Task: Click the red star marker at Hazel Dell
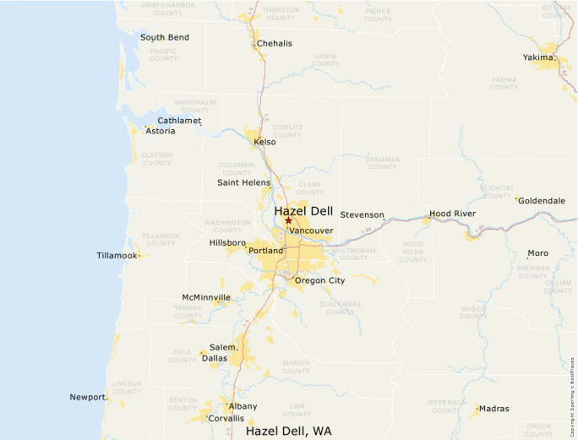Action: [288, 220]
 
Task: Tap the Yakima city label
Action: [538, 57]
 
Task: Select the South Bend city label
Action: [165, 37]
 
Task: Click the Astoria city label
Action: [161, 131]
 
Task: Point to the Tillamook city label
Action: [117, 255]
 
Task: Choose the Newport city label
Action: [88, 397]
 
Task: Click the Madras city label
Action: [493, 409]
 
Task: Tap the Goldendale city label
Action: [542, 201]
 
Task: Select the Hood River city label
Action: [452, 214]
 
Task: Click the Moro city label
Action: [537, 253]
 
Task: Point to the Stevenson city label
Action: [363, 215]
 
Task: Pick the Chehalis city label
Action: [275, 43]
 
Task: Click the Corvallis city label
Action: [226, 418]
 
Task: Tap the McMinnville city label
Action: [206, 297]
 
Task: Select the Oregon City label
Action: [320, 280]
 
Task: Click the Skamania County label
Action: [382, 162]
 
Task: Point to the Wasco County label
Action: [473, 312]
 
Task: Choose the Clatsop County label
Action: [157, 159]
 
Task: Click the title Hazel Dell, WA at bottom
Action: [288, 431]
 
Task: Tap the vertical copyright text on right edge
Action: [572, 392]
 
